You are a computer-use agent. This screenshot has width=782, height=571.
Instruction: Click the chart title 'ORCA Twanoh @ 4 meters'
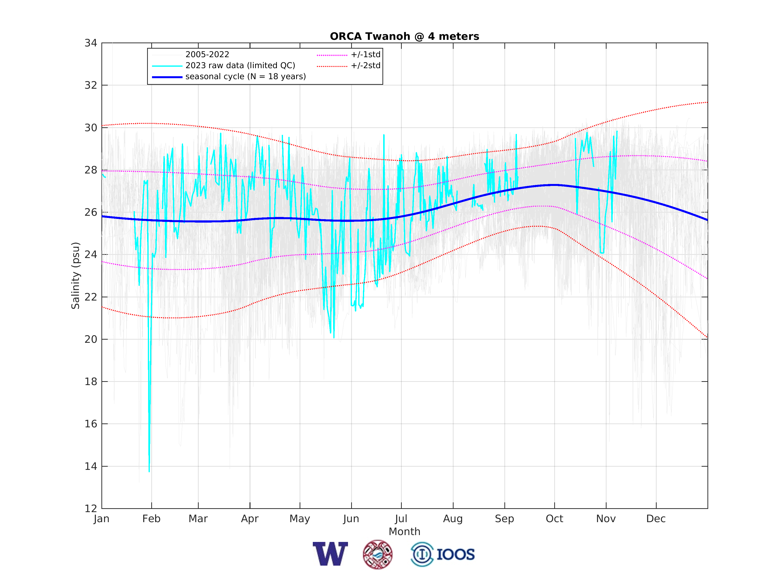tap(404, 36)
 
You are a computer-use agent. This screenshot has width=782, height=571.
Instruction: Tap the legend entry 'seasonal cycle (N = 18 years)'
tap(245, 77)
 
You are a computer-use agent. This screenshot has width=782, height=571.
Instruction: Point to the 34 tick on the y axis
tap(91, 43)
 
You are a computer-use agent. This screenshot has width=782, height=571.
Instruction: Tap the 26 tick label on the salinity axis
tap(91, 213)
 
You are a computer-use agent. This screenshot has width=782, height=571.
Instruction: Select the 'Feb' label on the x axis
tap(152, 519)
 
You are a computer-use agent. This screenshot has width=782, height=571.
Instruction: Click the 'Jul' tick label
tap(401, 519)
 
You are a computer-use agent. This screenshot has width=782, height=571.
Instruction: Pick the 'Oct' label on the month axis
tap(554, 519)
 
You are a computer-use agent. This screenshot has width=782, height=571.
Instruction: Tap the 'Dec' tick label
tap(656, 519)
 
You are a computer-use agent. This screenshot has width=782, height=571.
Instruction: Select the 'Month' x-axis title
tap(404, 532)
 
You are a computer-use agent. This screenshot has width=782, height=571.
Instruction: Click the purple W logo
tap(330, 554)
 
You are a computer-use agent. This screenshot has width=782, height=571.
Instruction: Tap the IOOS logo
tap(443, 554)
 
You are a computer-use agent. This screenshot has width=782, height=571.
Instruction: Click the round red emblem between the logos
tap(378, 554)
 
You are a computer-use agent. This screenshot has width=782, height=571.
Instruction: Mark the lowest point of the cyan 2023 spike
tap(149, 472)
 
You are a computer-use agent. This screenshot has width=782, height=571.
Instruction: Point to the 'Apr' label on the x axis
tap(250, 519)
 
